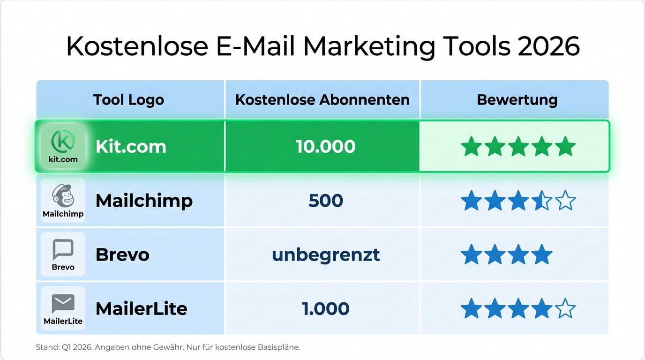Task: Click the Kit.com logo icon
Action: [x=63, y=140]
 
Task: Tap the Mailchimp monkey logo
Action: [x=63, y=195]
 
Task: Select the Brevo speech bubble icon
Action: [x=63, y=249]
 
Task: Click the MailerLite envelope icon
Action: [x=63, y=303]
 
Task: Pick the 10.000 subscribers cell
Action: [x=325, y=147]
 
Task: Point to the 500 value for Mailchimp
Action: [x=326, y=201]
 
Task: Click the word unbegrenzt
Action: [x=326, y=255]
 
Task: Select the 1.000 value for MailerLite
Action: [x=326, y=309]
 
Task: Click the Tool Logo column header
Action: [x=128, y=100]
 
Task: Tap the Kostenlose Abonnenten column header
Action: [x=322, y=100]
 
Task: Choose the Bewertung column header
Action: [x=517, y=100]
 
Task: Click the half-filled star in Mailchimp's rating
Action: [x=541, y=201]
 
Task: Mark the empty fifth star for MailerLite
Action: [x=565, y=309]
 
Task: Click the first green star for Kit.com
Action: [x=471, y=147]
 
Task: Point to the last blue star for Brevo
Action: [x=541, y=255]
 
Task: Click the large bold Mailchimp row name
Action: [x=144, y=201]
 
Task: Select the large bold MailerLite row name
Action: [x=141, y=309]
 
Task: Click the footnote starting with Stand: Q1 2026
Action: [x=168, y=347]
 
